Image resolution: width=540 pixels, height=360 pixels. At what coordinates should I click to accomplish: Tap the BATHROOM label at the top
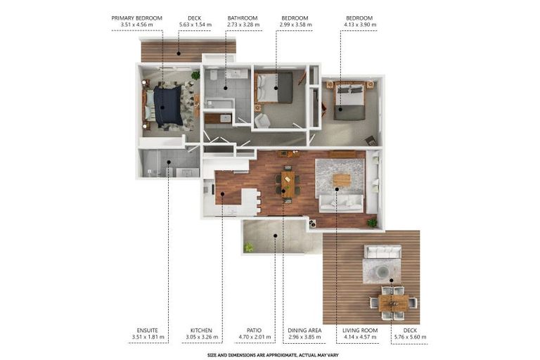[x=243, y=18]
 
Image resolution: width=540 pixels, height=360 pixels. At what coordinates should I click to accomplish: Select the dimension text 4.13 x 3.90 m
[x=359, y=25]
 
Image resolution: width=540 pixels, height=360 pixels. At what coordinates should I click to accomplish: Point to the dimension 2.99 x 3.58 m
[x=295, y=25]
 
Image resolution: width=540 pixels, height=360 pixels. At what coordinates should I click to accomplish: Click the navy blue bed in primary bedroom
[x=167, y=106]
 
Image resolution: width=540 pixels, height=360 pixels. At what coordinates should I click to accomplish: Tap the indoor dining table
[x=288, y=184]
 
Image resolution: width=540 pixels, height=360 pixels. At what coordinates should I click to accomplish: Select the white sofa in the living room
[x=341, y=203]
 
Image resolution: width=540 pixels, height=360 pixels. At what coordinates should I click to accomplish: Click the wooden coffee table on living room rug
[x=342, y=180]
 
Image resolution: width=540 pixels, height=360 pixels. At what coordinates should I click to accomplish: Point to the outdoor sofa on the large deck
[x=382, y=252]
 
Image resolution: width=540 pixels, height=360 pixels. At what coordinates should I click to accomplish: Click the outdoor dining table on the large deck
[x=393, y=302]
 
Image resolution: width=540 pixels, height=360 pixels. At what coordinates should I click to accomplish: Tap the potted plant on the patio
[x=248, y=247]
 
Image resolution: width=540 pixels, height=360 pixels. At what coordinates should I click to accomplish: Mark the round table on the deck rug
[x=383, y=271]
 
